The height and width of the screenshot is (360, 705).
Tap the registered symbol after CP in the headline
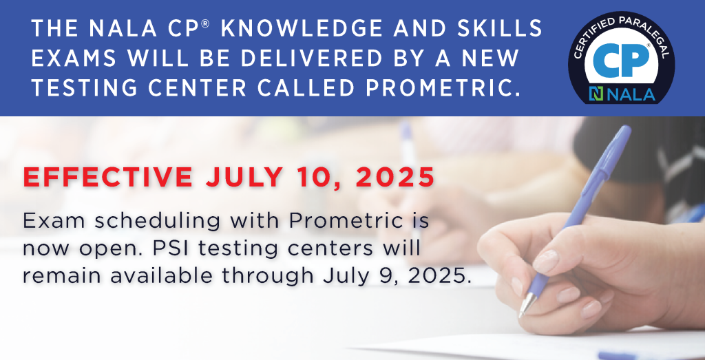[x=205, y=23]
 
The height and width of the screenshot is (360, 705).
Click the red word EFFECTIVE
[x=108, y=177]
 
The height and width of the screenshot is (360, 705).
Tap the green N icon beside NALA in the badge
[x=596, y=94]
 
